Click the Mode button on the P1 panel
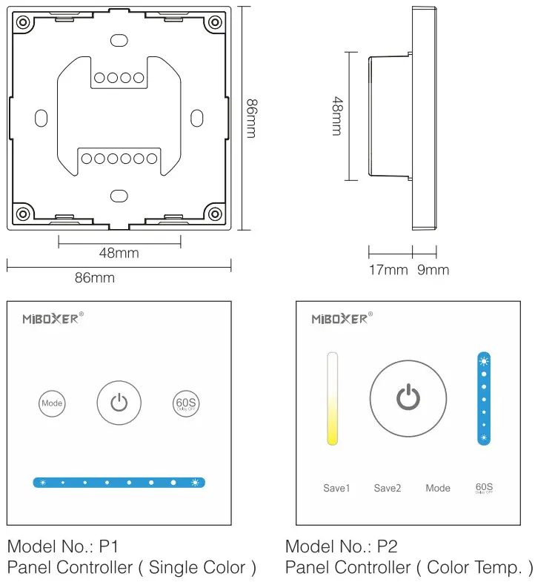click(52, 403)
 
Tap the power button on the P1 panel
click(119, 403)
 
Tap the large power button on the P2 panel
click(408, 398)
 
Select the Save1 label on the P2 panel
click(336, 488)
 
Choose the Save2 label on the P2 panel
click(387, 488)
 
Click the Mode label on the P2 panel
click(438, 488)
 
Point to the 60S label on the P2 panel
click(484, 488)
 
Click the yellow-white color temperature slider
click(333, 398)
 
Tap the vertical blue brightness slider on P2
click(484, 398)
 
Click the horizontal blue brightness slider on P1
click(119, 483)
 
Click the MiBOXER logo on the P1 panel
click(49, 319)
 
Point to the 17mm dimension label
click(388, 270)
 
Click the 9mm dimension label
click(433, 270)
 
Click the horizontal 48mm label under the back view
click(119, 253)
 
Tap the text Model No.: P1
click(63, 547)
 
